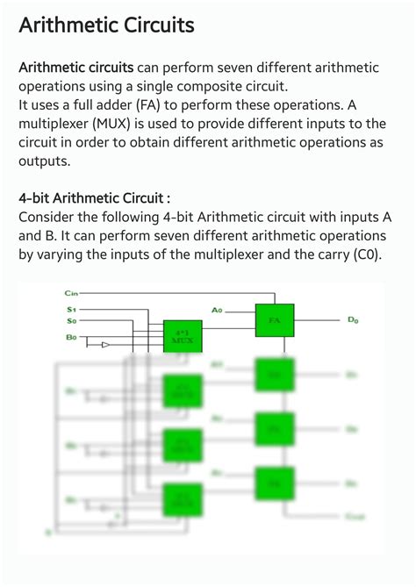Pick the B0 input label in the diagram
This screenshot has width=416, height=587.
point(71,337)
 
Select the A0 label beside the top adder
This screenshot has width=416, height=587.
point(218,310)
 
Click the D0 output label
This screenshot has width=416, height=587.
point(353,321)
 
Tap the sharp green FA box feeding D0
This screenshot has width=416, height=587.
point(274,320)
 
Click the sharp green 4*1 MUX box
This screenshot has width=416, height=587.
point(183,336)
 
